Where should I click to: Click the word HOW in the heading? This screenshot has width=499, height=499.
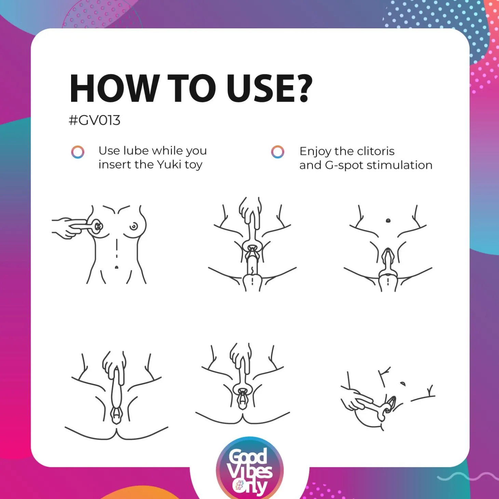pyautogui.click(x=113, y=89)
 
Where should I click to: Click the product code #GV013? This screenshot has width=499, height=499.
pyautogui.click(x=95, y=120)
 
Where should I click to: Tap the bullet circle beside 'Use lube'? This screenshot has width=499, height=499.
pyautogui.click(x=78, y=152)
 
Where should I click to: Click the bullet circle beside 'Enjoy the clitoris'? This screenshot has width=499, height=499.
pyautogui.click(x=278, y=152)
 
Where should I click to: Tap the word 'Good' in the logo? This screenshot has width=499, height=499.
pyautogui.click(x=248, y=457)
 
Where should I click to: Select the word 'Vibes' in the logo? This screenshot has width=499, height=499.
pyautogui.click(x=250, y=472)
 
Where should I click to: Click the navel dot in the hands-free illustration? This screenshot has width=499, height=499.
pyautogui.click(x=388, y=221)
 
